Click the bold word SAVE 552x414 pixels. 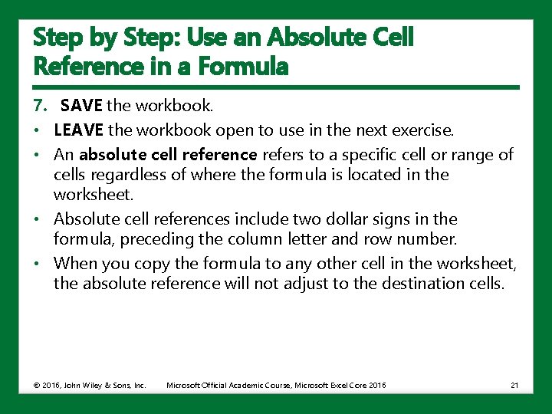(82, 104)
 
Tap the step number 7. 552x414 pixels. (41, 104)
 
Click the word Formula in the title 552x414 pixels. (244, 67)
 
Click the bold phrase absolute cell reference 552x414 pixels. (169, 155)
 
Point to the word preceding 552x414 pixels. (156, 240)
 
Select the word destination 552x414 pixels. (424, 284)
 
